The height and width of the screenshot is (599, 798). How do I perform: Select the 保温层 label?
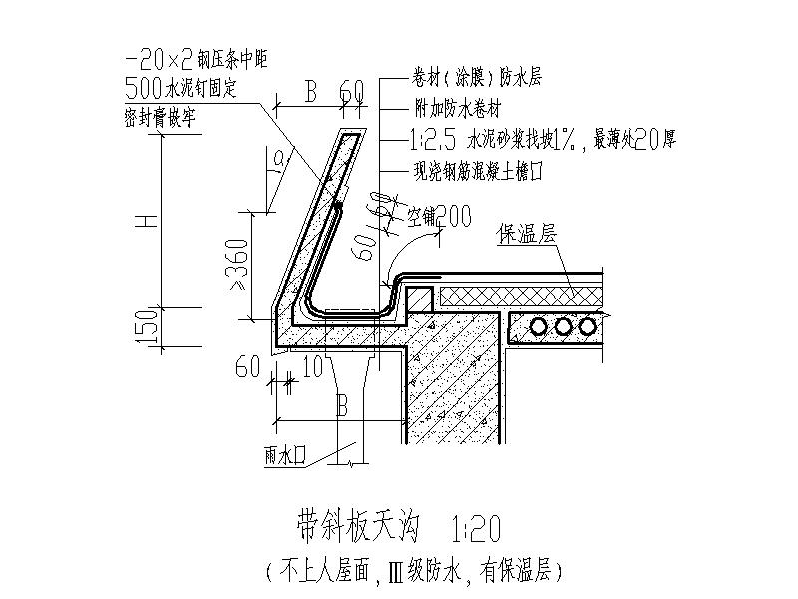[527, 236]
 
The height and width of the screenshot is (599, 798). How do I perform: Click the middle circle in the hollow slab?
[564, 326]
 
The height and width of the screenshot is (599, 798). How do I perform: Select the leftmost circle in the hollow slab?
[540, 326]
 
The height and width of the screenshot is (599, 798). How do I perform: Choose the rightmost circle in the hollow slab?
[589, 326]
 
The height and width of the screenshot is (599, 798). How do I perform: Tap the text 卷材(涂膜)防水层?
[468, 78]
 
